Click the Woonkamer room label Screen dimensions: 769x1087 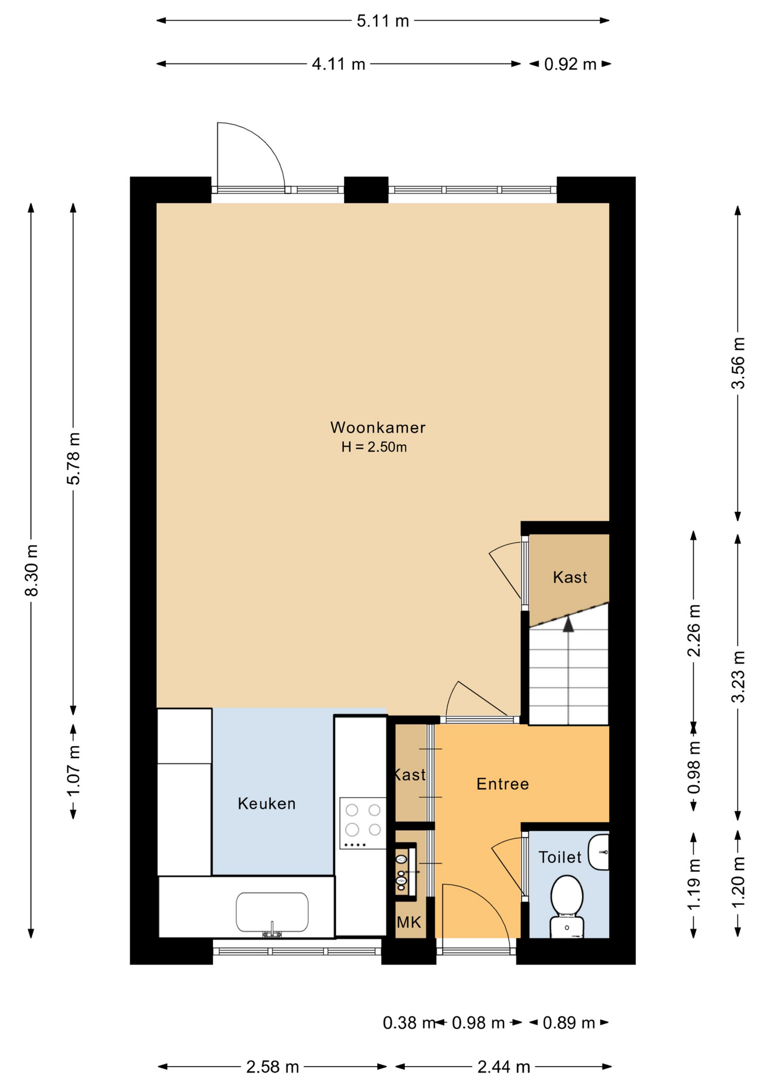pyautogui.click(x=378, y=427)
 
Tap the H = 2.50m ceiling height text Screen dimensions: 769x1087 pyautogui.click(x=374, y=447)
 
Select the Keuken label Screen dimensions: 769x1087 pyautogui.click(x=267, y=803)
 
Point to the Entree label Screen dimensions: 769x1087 pyautogui.click(x=503, y=784)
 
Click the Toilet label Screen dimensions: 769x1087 pyautogui.click(x=560, y=857)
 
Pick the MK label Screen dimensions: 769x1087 pyautogui.click(x=409, y=922)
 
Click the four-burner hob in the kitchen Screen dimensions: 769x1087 pyautogui.click(x=363, y=823)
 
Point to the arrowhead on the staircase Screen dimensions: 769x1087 pyautogui.click(x=568, y=624)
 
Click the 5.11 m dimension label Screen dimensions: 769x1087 pyautogui.click(x=383, y=21)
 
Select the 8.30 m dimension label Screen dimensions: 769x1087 pyautogui.click(x=32, y=570)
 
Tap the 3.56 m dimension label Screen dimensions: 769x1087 pyautogui.click(x=738, y=363)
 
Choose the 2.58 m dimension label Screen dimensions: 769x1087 pyautogui.click(x=272, y=1067)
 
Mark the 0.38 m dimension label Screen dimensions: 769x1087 pyautogui.click(x=409, y=1022)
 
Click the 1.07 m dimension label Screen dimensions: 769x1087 pyautogui.click(x=74, y=770)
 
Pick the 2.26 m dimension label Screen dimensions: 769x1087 pyautogui.click(x=694, y=630)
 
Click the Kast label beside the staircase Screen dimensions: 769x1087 pyautogui.click(x=570, y=577)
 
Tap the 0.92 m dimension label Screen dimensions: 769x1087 pyautogui.click(x=570, y=64)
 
